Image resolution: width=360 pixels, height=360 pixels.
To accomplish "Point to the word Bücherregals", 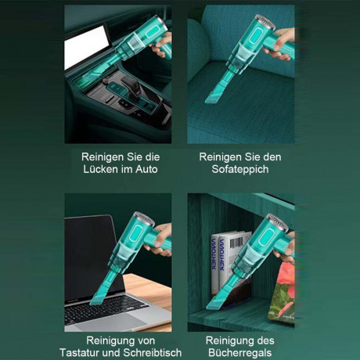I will tap(239, 352).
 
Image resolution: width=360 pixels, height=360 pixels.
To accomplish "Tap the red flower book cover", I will tap(283, 293).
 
